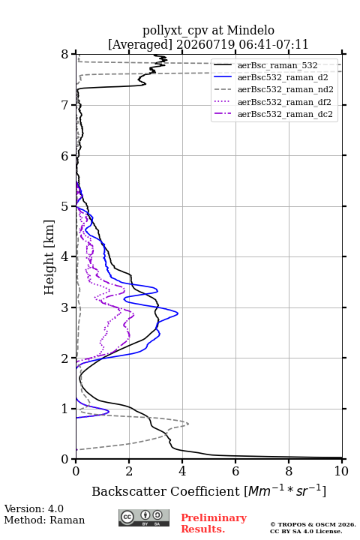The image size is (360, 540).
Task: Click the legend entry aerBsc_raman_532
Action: (277, 65)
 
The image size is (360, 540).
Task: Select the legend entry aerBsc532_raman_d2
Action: (283, 77)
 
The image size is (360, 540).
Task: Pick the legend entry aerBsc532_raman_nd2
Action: (285, 89)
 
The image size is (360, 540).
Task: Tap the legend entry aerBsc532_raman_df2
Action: (284, 102)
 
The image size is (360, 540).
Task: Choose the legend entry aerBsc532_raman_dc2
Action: (285, 114)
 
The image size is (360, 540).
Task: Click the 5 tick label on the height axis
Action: (65, 206)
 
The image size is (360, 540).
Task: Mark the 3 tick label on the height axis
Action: (65, 307)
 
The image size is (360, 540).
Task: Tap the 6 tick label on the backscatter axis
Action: (235, 471)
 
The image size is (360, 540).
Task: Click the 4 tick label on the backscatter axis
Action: (182, 471)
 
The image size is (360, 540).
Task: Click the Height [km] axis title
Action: (49, 257)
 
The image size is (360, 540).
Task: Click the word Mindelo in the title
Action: (250, 30)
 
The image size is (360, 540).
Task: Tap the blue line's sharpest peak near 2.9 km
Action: (178, 313)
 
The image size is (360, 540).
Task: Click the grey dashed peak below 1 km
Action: (188, 424)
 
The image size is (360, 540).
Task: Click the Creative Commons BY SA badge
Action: (144, 517)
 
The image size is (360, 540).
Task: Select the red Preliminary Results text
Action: (214, 523)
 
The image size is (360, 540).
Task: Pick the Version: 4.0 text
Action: (34, 508)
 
